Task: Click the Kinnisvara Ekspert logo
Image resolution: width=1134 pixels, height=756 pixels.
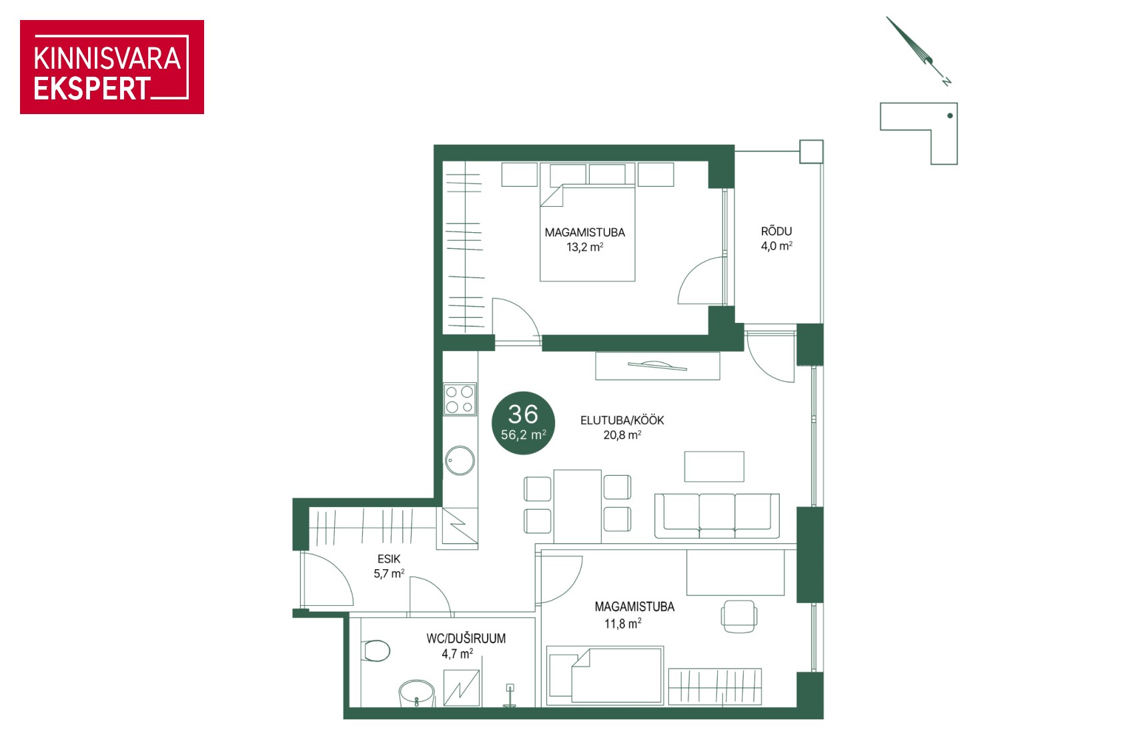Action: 112,67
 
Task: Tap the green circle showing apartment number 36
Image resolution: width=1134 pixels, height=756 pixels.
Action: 523,423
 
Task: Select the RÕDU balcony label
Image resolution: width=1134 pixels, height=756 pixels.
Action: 776,231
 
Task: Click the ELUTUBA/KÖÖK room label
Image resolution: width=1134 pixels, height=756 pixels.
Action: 622,420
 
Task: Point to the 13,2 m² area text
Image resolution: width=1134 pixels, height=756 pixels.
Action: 585,247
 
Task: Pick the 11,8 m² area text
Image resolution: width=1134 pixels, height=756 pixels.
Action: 622,623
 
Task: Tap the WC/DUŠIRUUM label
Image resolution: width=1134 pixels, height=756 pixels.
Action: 466,638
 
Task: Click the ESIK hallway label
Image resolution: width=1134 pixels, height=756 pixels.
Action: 389,558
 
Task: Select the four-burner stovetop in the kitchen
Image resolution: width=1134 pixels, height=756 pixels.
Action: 460,399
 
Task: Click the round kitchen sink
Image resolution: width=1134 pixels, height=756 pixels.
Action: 460,460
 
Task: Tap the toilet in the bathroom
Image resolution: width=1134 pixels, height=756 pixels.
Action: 376,651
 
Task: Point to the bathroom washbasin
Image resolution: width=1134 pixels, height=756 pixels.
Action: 417,693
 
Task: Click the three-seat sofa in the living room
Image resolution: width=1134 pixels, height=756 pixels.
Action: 717,516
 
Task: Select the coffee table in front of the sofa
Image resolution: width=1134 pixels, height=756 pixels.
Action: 714,466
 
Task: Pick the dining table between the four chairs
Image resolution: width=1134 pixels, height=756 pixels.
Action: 577,506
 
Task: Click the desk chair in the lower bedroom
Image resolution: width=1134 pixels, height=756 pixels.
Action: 739,617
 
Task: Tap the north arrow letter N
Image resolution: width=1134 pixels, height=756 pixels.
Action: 946,81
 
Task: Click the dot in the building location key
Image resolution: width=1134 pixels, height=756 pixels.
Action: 951,115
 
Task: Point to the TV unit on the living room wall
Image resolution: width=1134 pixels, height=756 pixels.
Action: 658,366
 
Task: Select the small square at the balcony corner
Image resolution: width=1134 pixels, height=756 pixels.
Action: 812,151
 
